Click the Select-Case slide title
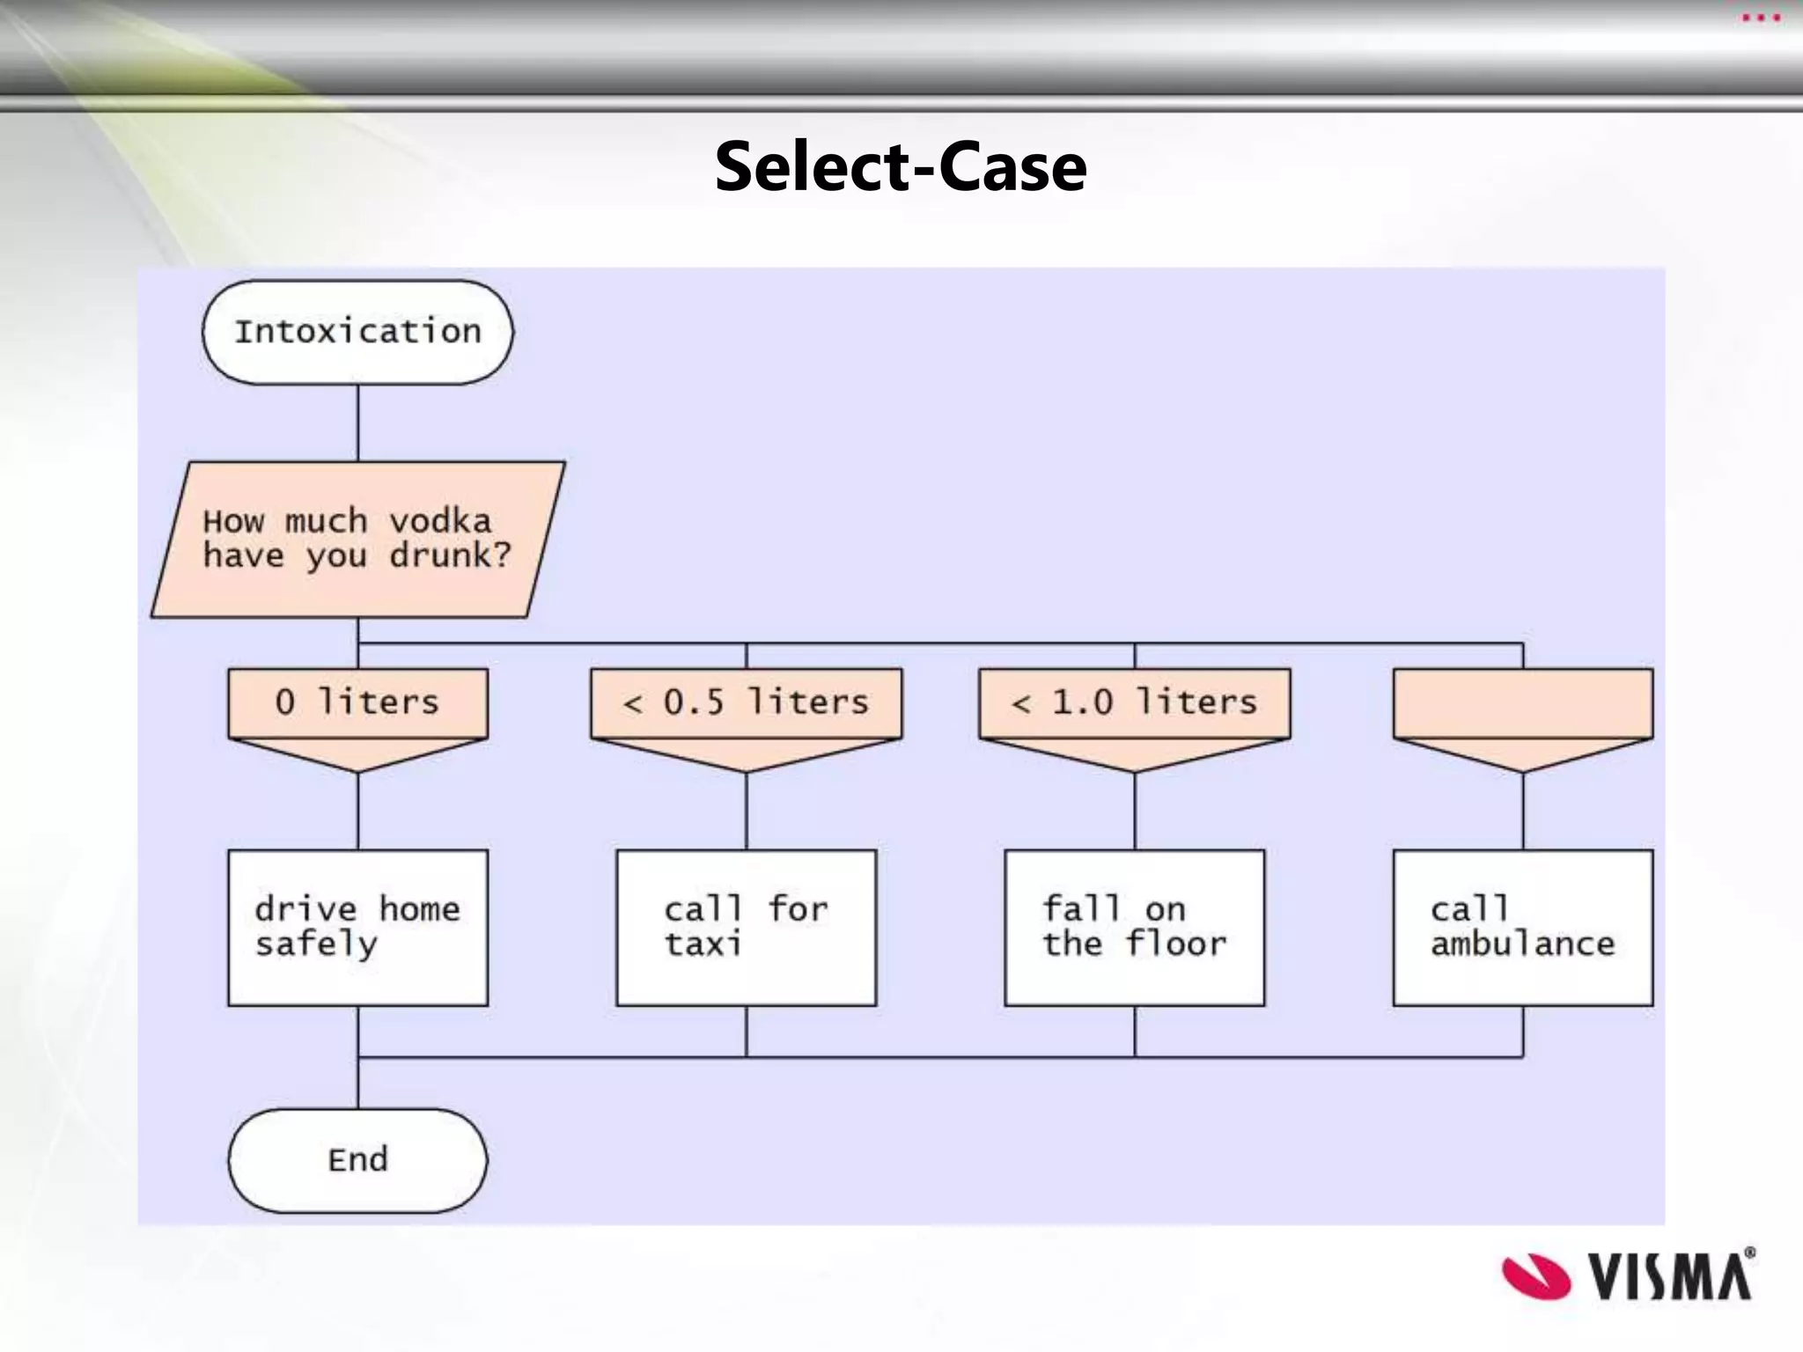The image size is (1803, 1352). (x=901, y=166)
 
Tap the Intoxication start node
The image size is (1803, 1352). (x=357, y=332)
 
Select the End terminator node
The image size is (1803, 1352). (x=357, y=1159)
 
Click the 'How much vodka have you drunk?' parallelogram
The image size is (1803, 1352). (x=357, y=539)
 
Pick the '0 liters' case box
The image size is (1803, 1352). (x=357, y=703)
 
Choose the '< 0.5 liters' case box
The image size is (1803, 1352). (x=746, y=703)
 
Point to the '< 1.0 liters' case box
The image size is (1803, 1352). (x=1134, y=703)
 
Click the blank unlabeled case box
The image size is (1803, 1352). (x=1522, y=703)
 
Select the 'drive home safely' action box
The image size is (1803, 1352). (x=357, y=928)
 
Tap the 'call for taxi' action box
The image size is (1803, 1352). (x=746, y=928)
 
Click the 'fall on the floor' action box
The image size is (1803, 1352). (x=1134, y=928)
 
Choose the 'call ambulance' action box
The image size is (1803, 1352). (x=1522, y=928)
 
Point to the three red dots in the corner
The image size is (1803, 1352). (x=1761, y=18)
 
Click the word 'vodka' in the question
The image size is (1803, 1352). (x=440, y=521)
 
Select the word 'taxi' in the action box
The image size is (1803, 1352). (x=703, y=944)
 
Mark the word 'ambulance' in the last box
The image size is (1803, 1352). (x=1522, y=944)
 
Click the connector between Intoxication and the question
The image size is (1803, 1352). (x=357, y=422)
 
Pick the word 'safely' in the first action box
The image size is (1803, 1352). (x=316, y=944)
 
